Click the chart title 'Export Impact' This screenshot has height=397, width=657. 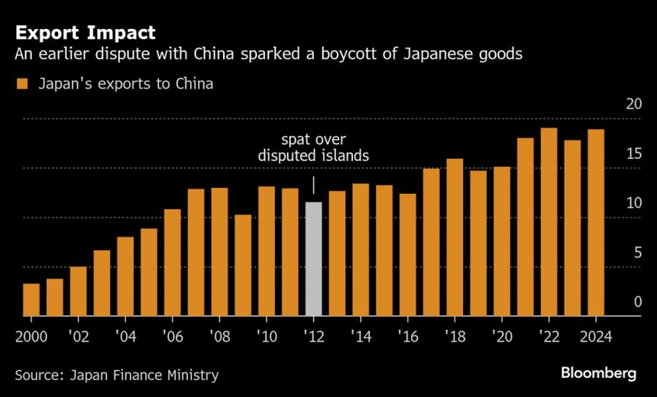click(85, 33)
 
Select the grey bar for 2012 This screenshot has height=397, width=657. click(313, 260)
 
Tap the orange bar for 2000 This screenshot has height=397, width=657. click(31, 300)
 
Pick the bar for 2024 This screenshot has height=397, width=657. click(596, 223)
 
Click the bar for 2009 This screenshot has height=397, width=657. click(243, 266)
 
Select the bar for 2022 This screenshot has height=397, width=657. click(549, 222)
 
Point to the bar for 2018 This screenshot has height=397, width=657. click(455, 237)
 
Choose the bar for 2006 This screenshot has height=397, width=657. click(172, 263)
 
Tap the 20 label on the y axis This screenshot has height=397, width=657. click(633, 105)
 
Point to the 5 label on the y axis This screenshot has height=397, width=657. click(637, 253)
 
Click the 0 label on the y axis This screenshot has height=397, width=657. click(637, 302)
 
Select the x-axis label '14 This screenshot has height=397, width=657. click(360, 337)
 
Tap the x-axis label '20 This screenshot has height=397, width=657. click(501, 337)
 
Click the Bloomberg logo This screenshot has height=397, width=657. click(598, 373)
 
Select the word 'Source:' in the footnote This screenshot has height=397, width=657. click(38, 375)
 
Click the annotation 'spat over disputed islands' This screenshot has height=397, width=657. click(313, 148)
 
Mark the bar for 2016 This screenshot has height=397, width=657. click(407, 255)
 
